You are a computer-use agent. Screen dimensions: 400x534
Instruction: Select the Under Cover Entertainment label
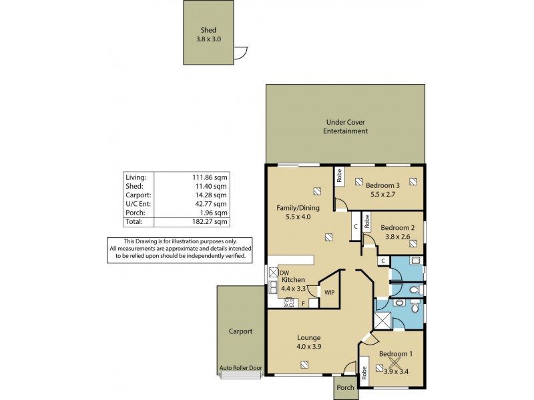346,127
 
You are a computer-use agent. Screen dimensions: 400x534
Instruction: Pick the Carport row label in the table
138,195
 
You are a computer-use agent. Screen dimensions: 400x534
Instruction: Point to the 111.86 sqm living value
211,177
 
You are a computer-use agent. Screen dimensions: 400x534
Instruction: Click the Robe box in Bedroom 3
339,176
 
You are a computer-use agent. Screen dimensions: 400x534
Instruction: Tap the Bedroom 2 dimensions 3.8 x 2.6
398,236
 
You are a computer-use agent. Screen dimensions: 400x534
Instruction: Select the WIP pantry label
328,292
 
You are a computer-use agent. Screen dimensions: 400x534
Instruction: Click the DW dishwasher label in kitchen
284,273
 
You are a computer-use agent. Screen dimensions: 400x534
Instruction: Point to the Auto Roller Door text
241,369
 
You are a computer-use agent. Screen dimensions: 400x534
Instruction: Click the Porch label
345,388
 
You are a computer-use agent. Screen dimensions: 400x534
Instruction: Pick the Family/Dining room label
298,208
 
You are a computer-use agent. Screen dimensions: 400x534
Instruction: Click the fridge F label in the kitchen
304,303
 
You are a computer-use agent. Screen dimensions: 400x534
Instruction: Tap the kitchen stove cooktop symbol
289,303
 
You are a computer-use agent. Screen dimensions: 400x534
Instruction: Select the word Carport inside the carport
240,331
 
